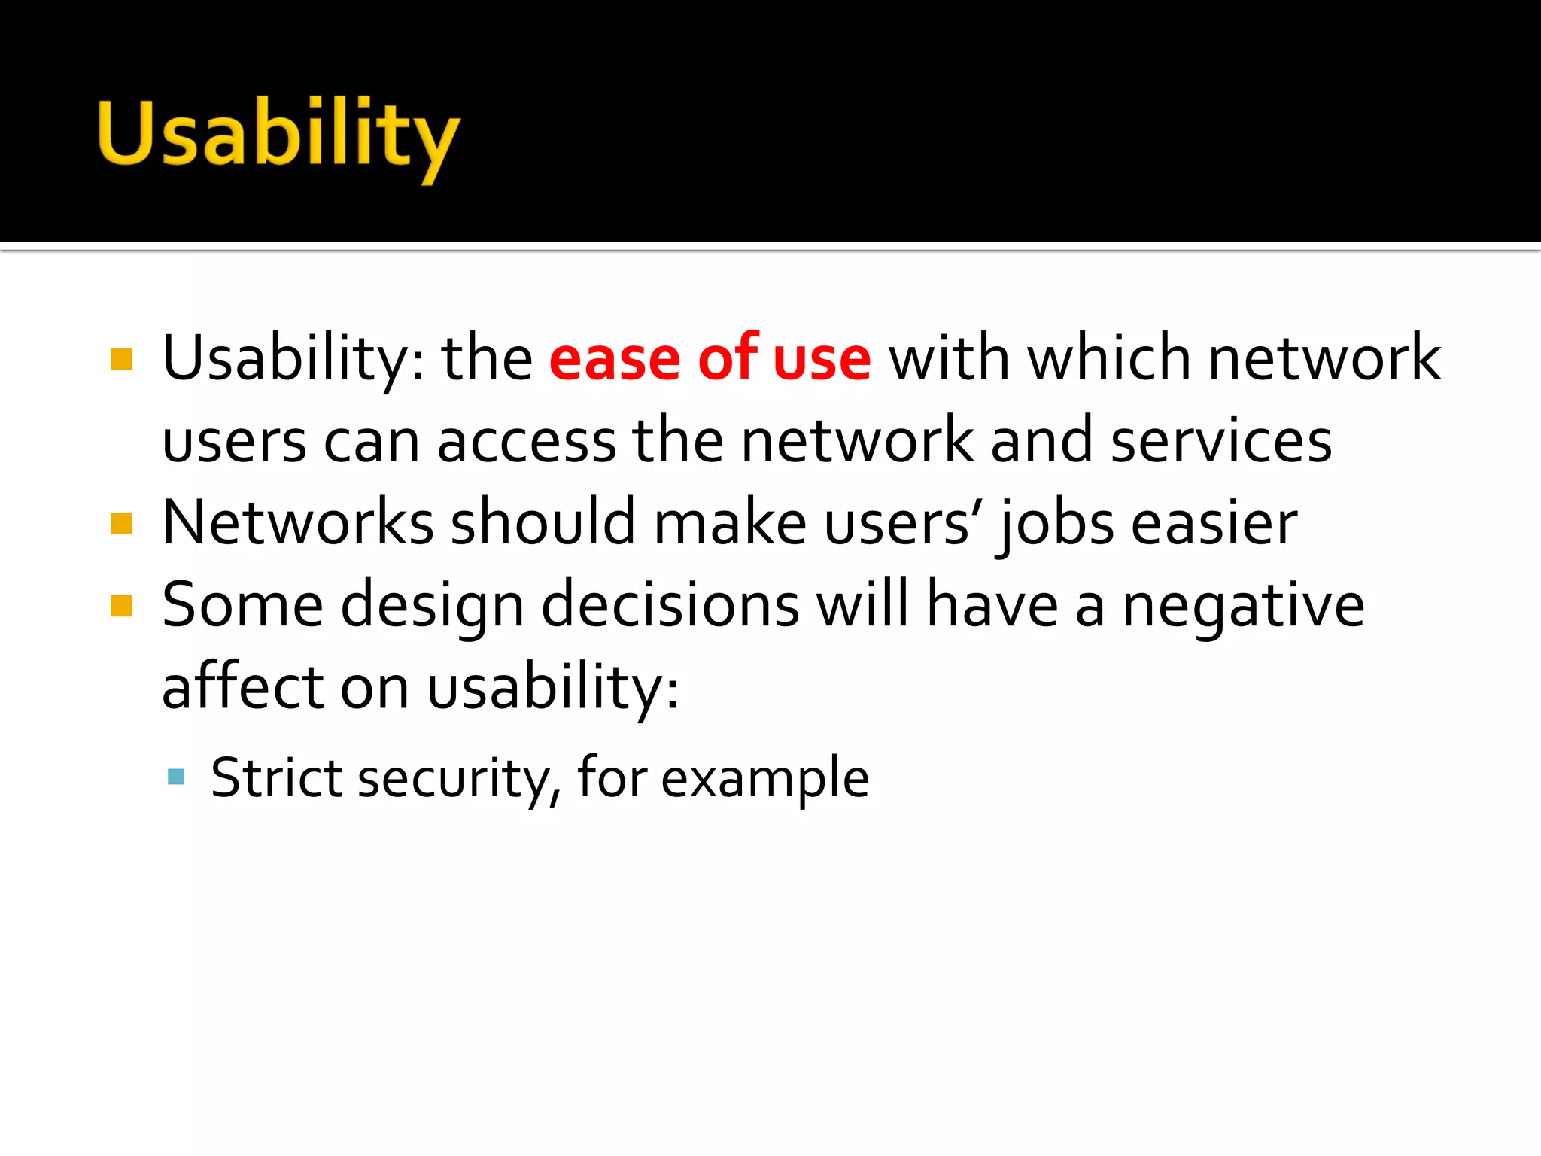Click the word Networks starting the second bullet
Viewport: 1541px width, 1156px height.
[x=298, y=522]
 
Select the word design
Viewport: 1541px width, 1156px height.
[x=432, y=607]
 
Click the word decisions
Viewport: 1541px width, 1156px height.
[x=670, y=605]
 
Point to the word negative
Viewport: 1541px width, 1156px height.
[x=1243, y=607]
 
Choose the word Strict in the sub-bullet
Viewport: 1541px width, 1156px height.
[x=276, y=777]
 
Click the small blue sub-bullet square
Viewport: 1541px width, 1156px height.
[x=176, y=777]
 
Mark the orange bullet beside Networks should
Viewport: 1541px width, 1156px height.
[x=121, y=523]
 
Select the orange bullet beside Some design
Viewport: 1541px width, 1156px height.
[x=121, y=606]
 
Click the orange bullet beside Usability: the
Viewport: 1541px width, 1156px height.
[x=121, y=359]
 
